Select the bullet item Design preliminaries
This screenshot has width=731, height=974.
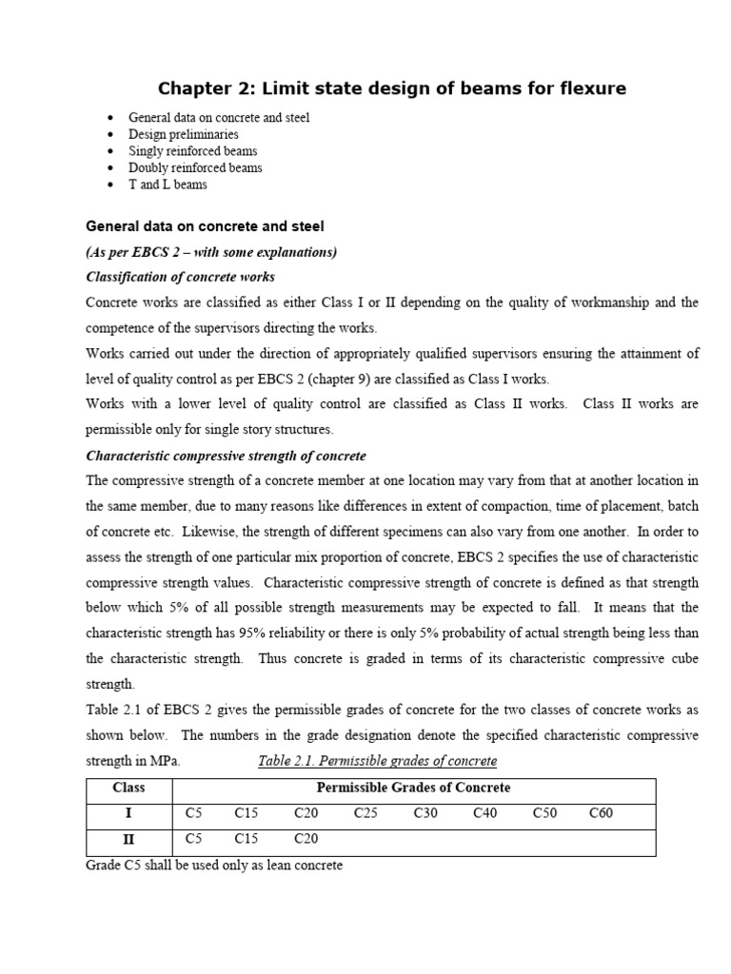coord(184,134)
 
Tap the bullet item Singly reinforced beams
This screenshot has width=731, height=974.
coord(192,151)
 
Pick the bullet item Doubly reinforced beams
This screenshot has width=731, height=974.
coord(195,167)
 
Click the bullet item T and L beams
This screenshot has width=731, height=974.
coord(168,185)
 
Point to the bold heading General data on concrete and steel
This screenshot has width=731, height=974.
coord(205,226)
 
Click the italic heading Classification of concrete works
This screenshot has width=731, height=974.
coord(181,277)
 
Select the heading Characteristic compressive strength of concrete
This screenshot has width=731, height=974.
coord(226,456)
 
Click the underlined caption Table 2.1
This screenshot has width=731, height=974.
coord(378,761)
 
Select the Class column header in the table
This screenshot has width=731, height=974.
coord(128,789)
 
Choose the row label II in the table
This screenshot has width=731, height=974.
coord(128,840)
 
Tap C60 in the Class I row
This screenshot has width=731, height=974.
coord(602,814)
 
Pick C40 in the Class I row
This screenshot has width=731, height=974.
coord(485,814)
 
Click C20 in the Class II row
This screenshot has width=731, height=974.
coord(306,840)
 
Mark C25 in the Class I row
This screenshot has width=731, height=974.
coord(365,814)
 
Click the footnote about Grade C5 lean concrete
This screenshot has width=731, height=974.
coord(214,867)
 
